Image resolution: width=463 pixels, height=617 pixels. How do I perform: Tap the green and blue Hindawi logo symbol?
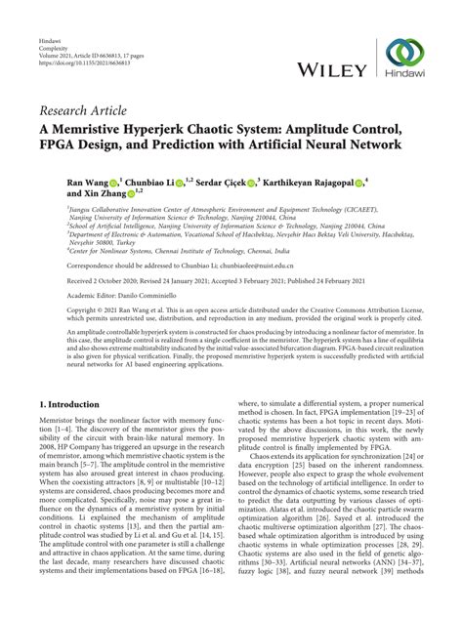click(405, 54)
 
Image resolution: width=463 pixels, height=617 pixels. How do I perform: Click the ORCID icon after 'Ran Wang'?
click(113, 182)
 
